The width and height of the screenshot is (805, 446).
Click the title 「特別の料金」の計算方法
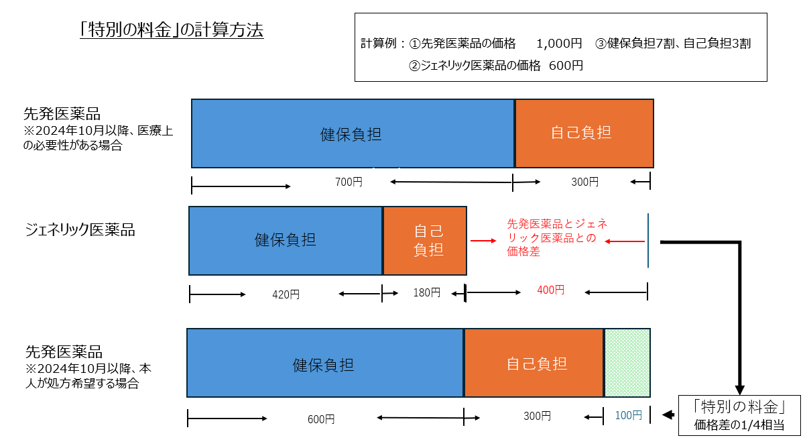[171, 30]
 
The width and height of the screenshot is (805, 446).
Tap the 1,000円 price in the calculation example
[559, 44]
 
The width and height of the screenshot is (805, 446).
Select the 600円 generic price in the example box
[566, 66]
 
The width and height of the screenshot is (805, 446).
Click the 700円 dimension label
[348, 182]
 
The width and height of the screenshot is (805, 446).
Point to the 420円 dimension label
[286, 294]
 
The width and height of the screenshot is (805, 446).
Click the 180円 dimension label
[426, 292]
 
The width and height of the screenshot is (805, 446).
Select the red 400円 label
[550, 290]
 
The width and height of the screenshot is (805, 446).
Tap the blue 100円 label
[628, 416]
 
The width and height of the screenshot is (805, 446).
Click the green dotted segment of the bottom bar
[627, 362]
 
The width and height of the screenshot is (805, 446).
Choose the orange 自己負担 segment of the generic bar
[425, 241]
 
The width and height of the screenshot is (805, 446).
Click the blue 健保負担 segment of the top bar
[353, 133]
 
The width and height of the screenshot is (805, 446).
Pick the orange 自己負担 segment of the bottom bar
[534, 363]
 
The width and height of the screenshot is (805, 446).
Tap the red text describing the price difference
[556, 238]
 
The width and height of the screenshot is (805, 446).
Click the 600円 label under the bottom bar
[321, 419]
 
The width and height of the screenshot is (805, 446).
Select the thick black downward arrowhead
[740, 389]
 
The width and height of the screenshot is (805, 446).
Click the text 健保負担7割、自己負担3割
[678, 44]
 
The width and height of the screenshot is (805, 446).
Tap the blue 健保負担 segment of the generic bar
[286, 241]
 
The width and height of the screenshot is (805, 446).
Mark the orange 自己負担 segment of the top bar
[584, 133]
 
